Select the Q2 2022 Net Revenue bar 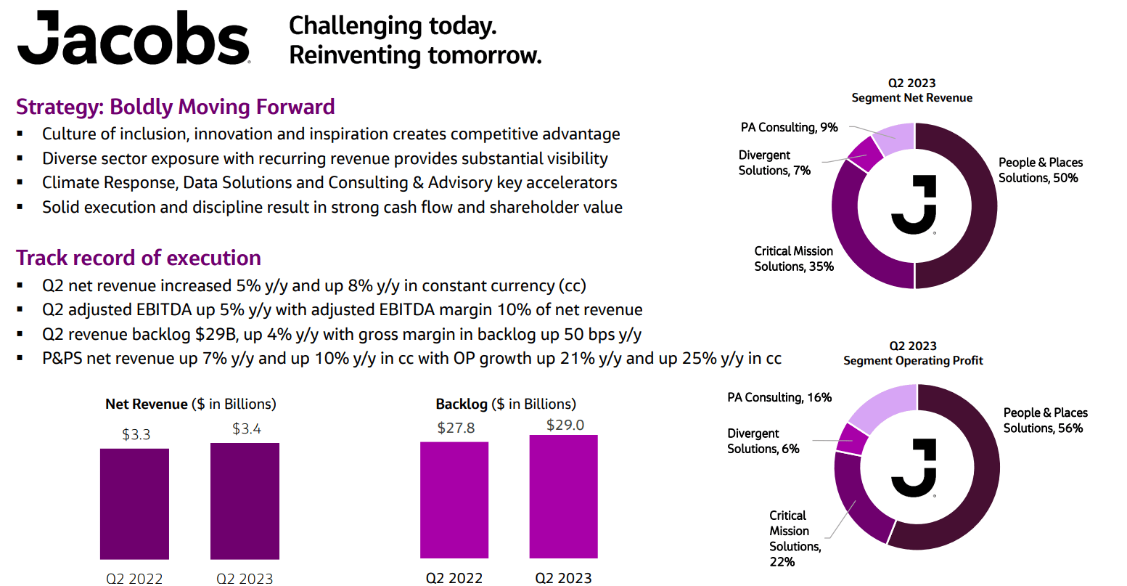pyautogui.click(x=134, y=503)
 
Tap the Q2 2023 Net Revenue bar pyautogui.click(x=245, y=501)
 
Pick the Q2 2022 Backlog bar pyautogui.click(x=454, y=500)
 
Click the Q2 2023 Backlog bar pyautogui.click(x=564, y=497)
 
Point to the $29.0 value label pyautogui.click(x=565, y=425)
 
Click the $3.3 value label pyautogui.click(x=136, y=434)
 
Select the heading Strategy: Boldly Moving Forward pyautogui.click(x=176, y=107)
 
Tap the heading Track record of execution pyautogui.click(x=139, y=258)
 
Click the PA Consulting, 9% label pyautogui.click(x=789, y=128)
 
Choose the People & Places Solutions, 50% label pyautogui.click(x=1040, y=170)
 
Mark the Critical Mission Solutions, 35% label pyautogui.click(x=793, y=259)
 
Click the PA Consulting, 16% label pyautogui.click(x=779, y=397)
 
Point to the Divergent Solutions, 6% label pyautogui.click(x=763, y=441)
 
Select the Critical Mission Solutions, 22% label pyautogui.click(x=795, y=538)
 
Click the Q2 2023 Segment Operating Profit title pyautogui.click(x=913, y=353)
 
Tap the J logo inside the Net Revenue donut pyautogui.click(x=914, y=205)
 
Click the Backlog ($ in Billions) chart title pyautogui.click(x=505, y=404)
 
